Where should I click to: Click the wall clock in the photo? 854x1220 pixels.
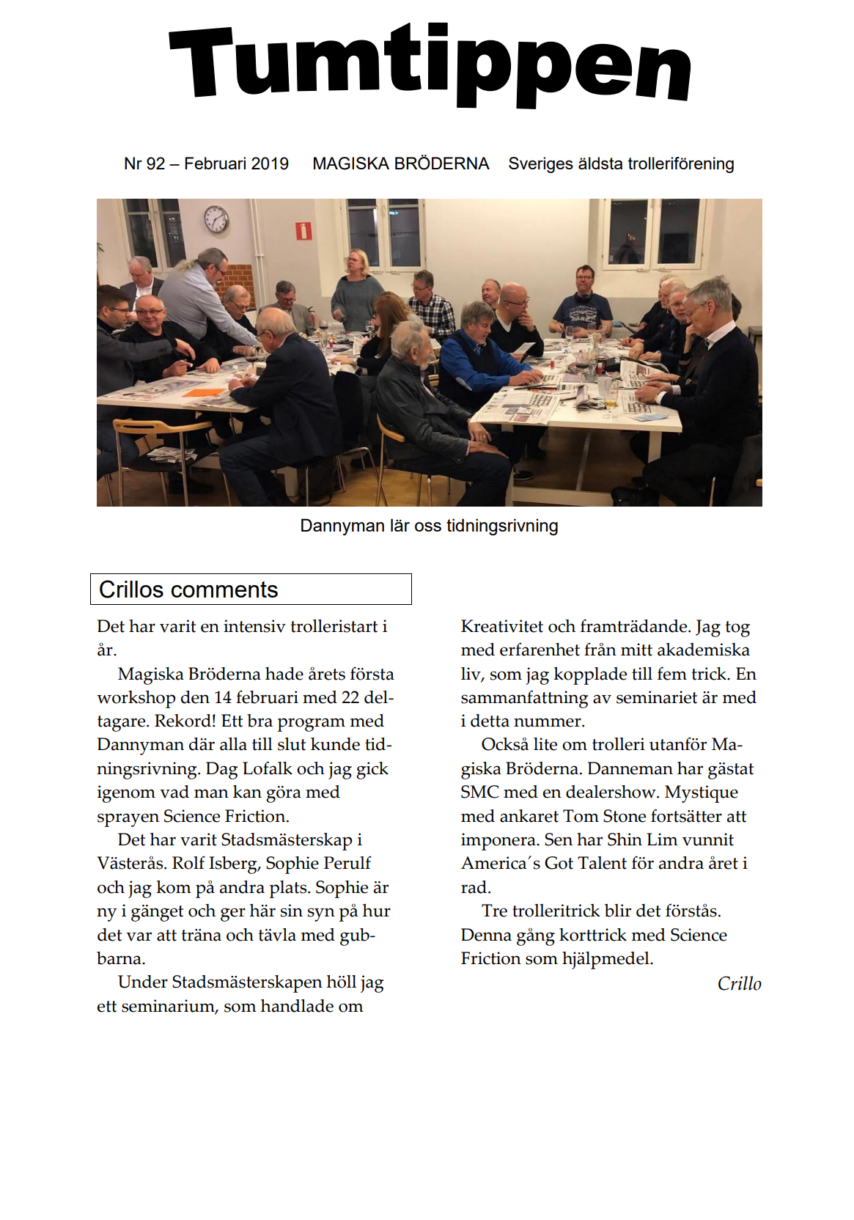(x=216, y=219)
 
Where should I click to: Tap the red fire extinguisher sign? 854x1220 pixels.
(x=303, y=231)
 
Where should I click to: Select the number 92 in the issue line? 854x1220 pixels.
(x=155, y=163)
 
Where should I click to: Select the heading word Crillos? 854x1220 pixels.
(x=131, y=589)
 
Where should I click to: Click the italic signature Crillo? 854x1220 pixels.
(x=739, y=984)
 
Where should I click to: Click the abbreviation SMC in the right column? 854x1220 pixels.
(x=479, y=793)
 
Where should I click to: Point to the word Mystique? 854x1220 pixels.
(x=701, y=793)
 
